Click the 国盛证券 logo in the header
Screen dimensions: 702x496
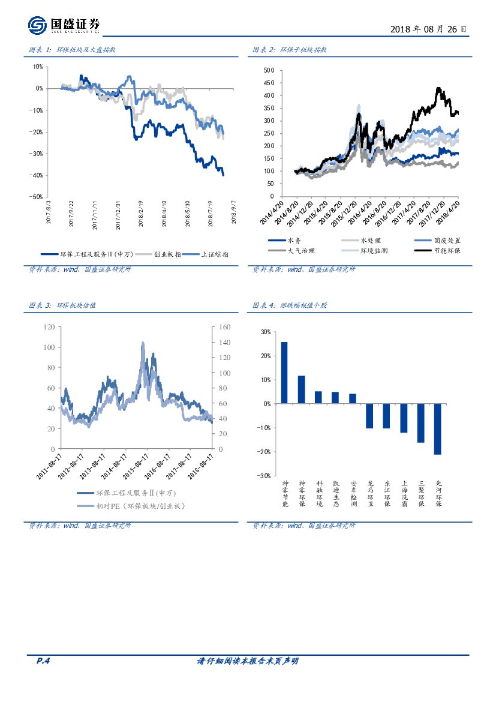pyautogui.click(x=64, y=25)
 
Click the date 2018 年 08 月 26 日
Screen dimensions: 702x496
pyautogui.click(x=428, y=29)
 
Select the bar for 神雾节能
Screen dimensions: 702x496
pyautogui.click(x=284, y=373)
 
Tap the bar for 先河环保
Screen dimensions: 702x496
pyautogui.click(x=438, y=429)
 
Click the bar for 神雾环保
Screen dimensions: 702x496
pyautogui.click(x=301, y=389)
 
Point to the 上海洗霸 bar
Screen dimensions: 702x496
pyautogui.click(x=404, y=418)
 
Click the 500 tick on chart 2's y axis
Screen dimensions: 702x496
pyautogui.click(x=269, y=70)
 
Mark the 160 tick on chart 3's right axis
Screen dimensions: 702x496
pyautogui.click(x=224, y=327)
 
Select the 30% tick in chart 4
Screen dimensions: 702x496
pyautogui.click(x=264, y=332)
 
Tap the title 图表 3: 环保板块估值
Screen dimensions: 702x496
pyautogui.click(x=62, y=305)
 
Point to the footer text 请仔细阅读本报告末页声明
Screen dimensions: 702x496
pyautogui.click(x=248, y=661)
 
